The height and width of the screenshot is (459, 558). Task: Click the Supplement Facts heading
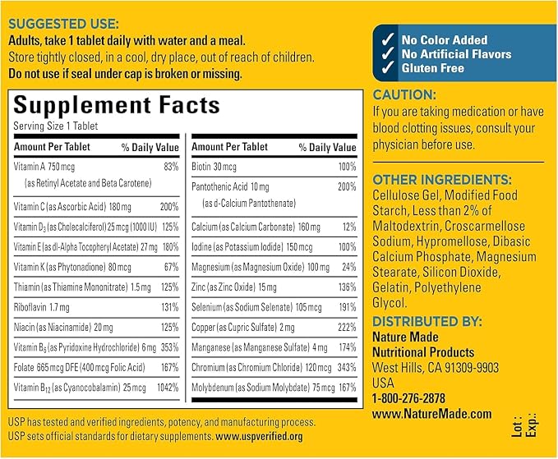[117, 105]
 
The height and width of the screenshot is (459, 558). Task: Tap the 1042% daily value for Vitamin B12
[168, 388]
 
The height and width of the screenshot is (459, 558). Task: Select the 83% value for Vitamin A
[171, 167]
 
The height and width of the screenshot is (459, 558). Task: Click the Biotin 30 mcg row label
[214, 167]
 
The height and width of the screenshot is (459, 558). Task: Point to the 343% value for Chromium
[347, 367]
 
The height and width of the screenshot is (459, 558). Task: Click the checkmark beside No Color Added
[388, 39]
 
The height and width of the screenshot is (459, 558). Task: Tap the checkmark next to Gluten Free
[388, 67]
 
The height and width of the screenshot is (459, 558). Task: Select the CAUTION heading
[404, 95]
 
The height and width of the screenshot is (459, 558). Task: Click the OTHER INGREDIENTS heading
[442, 180]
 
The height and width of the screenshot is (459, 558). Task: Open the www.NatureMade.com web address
[432, 414]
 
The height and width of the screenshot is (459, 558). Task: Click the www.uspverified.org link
[259, 436]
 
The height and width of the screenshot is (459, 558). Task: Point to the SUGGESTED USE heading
[64, 24]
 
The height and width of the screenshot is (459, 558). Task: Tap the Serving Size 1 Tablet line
[56, 126]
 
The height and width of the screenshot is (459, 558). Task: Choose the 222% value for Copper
[347, 327]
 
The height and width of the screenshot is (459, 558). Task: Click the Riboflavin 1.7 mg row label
[41, 307]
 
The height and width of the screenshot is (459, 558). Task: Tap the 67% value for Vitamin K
[171, 267]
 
